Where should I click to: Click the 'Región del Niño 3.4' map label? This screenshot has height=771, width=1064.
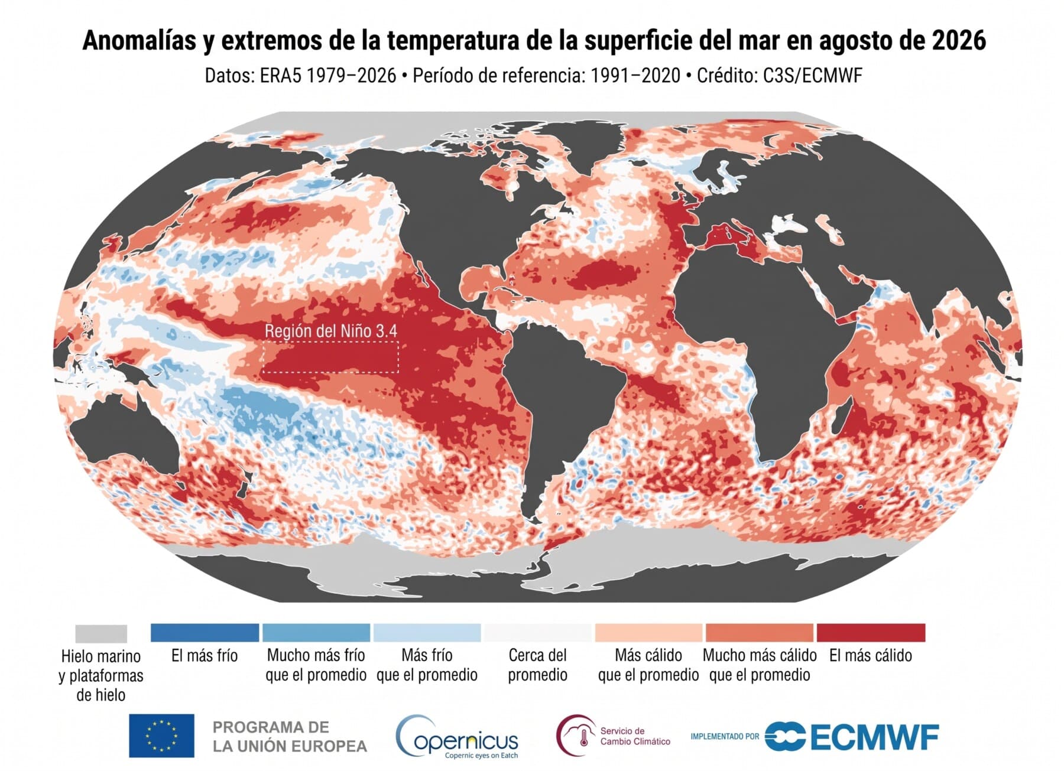point(330,331)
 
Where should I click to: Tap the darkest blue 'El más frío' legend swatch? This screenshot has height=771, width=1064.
point(205,633)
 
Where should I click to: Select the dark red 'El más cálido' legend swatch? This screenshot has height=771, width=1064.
point(871,633)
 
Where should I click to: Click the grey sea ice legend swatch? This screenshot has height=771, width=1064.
point(101,634)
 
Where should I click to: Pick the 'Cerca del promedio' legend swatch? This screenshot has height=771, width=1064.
point(537,633)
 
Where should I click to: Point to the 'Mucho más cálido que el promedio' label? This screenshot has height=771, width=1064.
point(760,665)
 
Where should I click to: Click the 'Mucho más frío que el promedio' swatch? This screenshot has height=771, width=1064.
point(316,633)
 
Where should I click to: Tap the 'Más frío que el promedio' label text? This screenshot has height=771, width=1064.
point(427,665)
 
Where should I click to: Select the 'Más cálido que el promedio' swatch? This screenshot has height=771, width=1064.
point(648,633)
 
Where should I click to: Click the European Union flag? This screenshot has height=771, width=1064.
point(161,736)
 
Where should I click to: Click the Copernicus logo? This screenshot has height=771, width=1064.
point(456,737)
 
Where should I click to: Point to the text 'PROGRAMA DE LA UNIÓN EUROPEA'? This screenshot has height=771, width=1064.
point(290,737)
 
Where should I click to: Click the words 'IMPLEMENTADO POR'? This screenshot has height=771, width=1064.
point(725,736)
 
